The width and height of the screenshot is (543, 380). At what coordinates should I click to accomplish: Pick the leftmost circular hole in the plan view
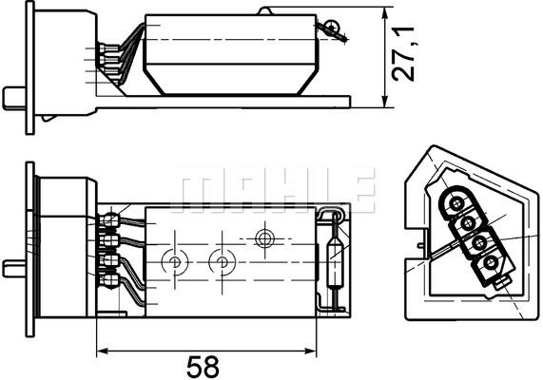(x=175, y=259)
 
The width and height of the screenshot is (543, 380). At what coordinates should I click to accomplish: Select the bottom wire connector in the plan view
(x=111, y=282)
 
